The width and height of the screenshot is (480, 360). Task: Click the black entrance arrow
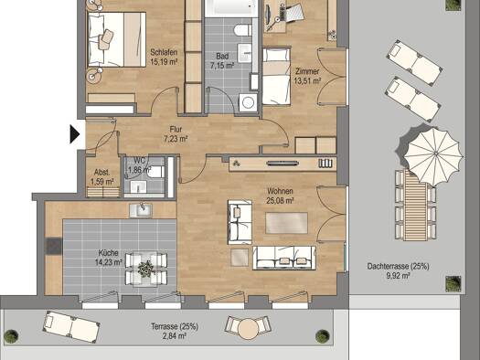point(74,134)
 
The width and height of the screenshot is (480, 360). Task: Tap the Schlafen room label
point(164,52)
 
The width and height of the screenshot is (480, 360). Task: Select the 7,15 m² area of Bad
point(222,66)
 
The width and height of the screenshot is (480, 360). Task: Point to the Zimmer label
point(307,71)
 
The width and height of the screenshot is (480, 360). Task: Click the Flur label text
point(176,130)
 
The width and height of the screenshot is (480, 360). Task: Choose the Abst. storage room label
point(101,172)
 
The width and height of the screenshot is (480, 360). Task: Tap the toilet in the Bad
point(243,30)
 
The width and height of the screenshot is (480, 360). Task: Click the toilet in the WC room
point(155,172)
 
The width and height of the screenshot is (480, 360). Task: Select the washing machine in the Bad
point(249,102)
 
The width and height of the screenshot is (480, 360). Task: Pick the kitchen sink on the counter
point(141,210)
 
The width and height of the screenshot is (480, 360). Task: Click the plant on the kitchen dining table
point(145,269)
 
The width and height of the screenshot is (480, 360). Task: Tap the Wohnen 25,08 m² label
point(280,196)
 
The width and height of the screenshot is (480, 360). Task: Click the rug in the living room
point(286,223)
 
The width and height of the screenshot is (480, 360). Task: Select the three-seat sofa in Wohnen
point(284,258)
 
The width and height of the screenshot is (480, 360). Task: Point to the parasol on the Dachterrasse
point(433,156)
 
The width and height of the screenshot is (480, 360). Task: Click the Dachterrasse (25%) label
point(398,267)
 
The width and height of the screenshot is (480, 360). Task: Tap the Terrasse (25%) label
point(175,327)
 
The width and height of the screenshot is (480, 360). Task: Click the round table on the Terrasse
point(249,329)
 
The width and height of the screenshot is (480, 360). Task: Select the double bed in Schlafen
point(117,39)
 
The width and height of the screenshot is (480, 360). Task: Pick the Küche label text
point(109,253)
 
